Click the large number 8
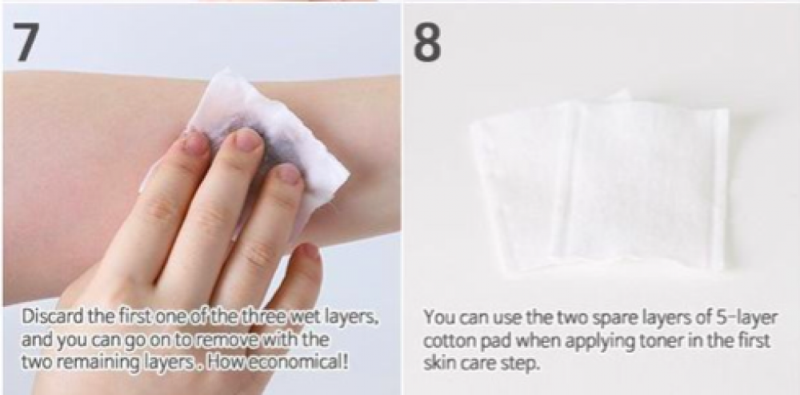click(x=427, y=42)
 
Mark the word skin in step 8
click(x=438, y=365)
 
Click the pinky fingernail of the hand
click(x=309, y=252)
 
